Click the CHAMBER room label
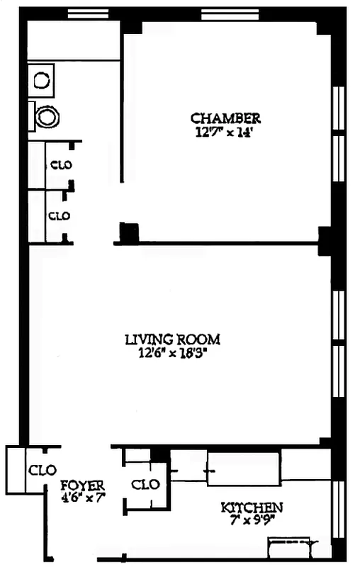pyautogui.click(x=225, y=118)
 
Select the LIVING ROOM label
pyautogui.click(x=172, y=339)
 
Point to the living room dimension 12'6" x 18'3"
pyautogui.click(x=172, y=352)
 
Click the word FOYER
pyautogui.click(x=82, y=485)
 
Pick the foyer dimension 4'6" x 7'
pyautogui.click(x=82, y=498)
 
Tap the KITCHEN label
pyautogui.click(x=252, y=507)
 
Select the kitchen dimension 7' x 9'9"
pyautogui.click(x=252, y=520)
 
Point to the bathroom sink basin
pyautogui.click(x=42, y=78)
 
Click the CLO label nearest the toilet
pyautogui.click(x=60, y=165)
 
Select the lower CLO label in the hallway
pyautogui.click(x=59, y=215)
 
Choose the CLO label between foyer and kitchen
pyautogui.click(x=146, y=485)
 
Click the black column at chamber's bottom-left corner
pyautogui.click(x=128, y=232)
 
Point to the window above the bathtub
pyautogui.click(x=89, y=13)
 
